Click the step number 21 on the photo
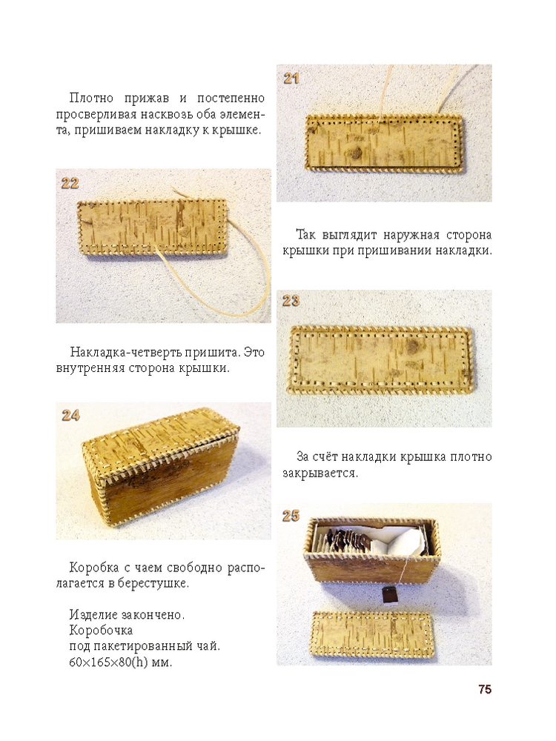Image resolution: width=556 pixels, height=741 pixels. [291, 78]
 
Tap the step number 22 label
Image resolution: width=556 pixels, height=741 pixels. [70, 183]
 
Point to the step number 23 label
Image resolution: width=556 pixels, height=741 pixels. [291, 301]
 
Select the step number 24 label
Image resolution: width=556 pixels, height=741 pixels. [70, 416]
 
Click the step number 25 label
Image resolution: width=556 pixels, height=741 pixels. [291, 516]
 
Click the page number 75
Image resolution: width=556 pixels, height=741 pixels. [485, 689]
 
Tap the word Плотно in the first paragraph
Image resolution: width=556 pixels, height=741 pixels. [92, 98]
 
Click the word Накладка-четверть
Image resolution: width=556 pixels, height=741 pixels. [126, 352]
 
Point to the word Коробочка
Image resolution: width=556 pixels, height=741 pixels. [101, 631]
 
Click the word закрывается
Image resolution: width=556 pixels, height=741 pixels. [320, 473]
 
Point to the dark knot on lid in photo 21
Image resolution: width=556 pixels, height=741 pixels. [356, 153]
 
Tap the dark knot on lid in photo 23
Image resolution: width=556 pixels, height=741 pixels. [415, 346]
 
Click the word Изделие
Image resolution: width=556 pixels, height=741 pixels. [93, 615]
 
